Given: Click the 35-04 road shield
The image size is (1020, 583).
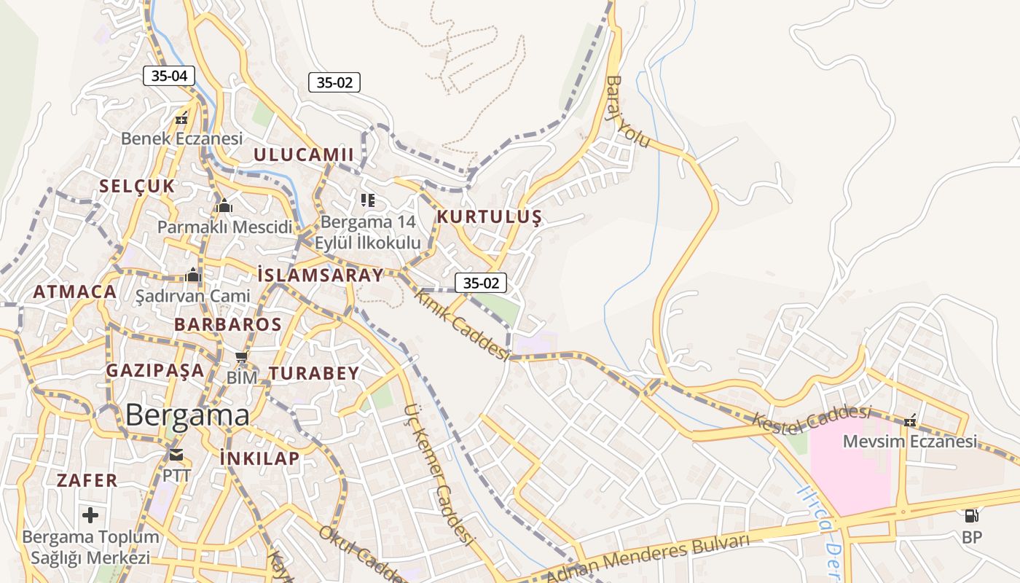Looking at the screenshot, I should point(169,75).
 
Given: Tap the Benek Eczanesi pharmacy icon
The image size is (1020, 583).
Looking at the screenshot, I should point(181,117).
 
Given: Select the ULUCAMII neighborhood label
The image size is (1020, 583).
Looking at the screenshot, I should point(303,154).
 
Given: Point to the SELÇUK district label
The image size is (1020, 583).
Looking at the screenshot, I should point(137,186).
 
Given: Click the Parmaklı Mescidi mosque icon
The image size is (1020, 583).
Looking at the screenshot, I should point(224,206).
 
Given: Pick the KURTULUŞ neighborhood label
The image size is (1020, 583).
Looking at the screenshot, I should point(489,217).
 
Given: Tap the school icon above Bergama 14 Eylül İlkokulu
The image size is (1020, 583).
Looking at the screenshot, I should point(368,200).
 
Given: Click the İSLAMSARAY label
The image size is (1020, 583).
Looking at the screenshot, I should point(320,275).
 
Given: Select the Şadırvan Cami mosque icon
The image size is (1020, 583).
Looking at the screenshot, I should point(193,275).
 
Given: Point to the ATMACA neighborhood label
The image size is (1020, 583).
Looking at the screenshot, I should point(74,292).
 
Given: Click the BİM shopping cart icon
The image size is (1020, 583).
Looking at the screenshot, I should point(242,357).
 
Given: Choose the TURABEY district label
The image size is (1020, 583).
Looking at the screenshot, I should point(314,374).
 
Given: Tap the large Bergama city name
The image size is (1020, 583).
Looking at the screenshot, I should point(187,415).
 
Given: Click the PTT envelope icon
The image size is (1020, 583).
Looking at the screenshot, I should point(176,455).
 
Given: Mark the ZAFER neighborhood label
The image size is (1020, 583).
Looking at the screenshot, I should point(87,481).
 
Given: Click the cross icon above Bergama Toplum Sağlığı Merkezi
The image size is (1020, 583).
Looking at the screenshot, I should point(90,515).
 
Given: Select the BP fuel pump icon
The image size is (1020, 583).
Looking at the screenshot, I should point(971,516).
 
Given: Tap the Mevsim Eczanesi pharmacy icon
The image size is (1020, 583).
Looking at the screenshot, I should point(910,420).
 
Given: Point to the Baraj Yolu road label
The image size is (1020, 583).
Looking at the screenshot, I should point(628,111).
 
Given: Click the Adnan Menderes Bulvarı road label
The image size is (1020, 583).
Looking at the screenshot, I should point(648,558).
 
